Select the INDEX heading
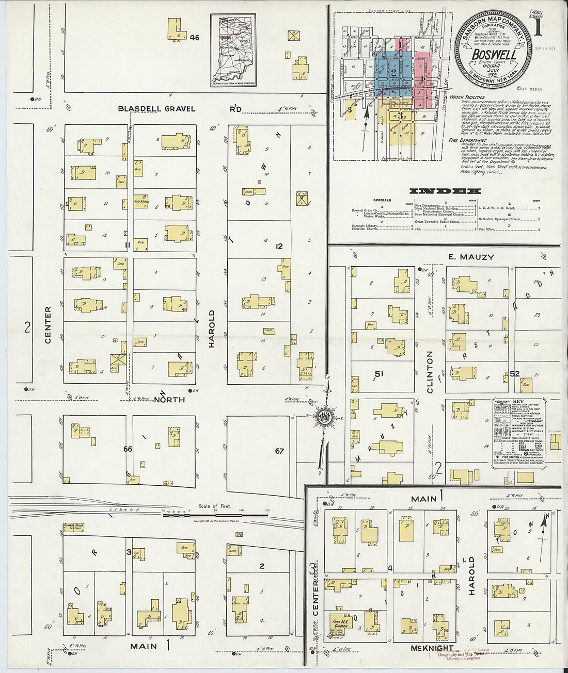pos(445,191)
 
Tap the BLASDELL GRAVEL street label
pos(156,108)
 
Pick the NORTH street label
pos(169,399)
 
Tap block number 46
pos(194,37)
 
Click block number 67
pos(279,451)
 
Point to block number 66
pos(128,449)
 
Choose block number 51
pos(379,374)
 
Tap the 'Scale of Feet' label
pos(215,506)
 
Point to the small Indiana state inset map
pos(233,50)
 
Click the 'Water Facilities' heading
pos(467,97)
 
